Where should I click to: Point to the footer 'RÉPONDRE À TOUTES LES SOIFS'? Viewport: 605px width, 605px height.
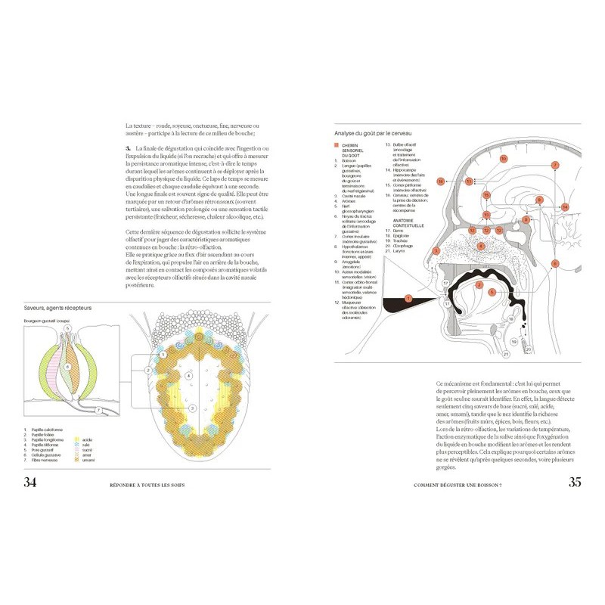(147, 484)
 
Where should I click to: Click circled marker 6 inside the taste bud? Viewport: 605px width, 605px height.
(67, 367)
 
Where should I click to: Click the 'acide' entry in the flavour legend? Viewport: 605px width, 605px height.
(85, 439)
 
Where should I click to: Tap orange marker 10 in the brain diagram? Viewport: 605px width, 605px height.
(501, 159)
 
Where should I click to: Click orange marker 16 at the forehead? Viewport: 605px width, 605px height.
(440, 181)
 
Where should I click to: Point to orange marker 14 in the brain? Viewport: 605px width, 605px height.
(565, 206)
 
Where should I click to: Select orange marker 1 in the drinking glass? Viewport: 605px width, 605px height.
(409, 299)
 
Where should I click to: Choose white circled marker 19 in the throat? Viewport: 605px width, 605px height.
(513, 342)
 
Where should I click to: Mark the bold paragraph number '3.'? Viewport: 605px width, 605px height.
(129, 151)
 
